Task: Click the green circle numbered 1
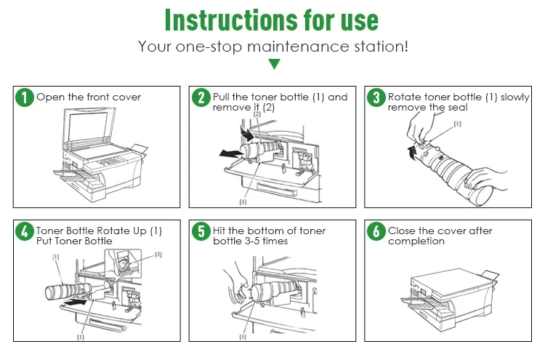coord(25,97)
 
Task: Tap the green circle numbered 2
coord(201,97)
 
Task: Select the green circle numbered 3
coord(376,97)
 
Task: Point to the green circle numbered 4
coord(25,232)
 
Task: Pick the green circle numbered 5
coord(201,232)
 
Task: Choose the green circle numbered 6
coord(376,232)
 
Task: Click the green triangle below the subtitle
coord(274,64)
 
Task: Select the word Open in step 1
coord(48,97)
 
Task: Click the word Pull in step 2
coord(222,97)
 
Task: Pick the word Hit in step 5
coord(221,231)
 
